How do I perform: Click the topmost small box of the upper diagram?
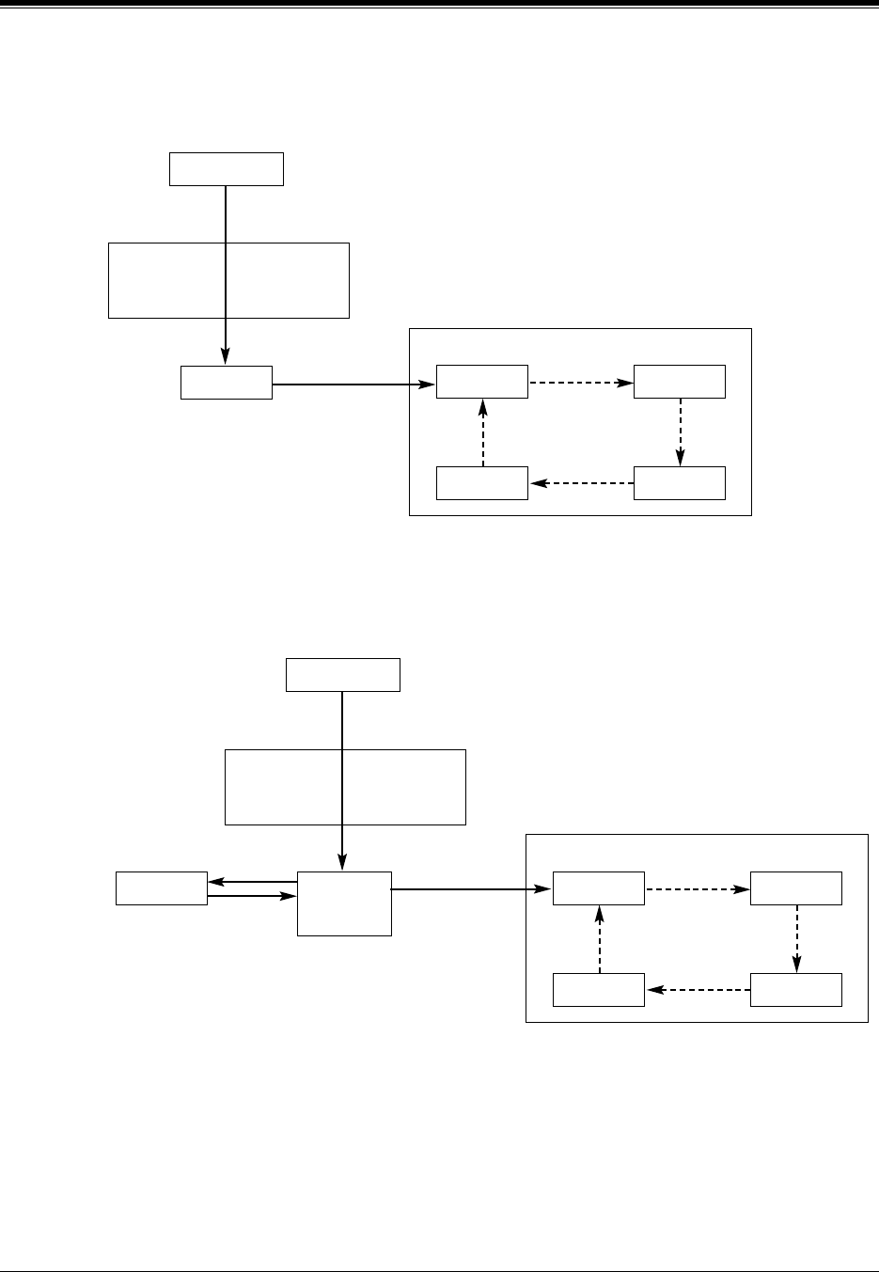tap(226, 169)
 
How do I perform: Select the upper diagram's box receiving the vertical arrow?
tap(226, 383)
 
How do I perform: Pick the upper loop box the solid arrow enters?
tap(482, 383)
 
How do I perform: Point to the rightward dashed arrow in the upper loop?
tap(580, 383)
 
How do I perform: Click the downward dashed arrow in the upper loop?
tap(680, 432)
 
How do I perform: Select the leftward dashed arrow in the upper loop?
tap(580, 483)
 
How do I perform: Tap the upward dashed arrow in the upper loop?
tap(482, 432)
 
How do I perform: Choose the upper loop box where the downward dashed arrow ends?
tap(680, 483)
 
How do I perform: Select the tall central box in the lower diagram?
tap(344, 903)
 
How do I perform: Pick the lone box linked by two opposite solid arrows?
tap(161, 888)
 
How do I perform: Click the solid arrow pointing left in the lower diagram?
tap(252, 882)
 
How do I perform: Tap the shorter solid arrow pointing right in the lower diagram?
tap(252, 896)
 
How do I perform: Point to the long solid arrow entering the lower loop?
tap(471, 888)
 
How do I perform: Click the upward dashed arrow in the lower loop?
tap(599, 938)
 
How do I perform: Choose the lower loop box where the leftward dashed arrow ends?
tap(599, 990)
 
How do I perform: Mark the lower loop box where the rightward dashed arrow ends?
tap(796, 888)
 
